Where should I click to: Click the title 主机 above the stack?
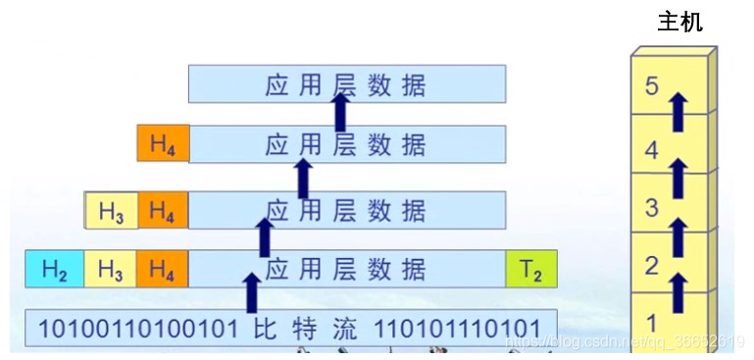(679, 21)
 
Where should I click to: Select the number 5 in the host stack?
(653, 85)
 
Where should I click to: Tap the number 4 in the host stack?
(653, 151)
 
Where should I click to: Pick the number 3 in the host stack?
(653, 207)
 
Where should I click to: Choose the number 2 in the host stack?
(653, 265)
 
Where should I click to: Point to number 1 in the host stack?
(653, 321)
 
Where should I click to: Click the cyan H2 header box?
(55, 270)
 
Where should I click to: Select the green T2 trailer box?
(530, 270)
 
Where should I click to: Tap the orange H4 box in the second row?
(163, 144)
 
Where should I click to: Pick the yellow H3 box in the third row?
(111, 210)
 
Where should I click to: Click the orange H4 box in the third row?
(163, 210)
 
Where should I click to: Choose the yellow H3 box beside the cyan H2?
(111, 270)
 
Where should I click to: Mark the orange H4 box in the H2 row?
(163, 270)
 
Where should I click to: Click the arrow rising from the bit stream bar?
(253, 292)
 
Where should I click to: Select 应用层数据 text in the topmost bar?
(346, 84)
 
